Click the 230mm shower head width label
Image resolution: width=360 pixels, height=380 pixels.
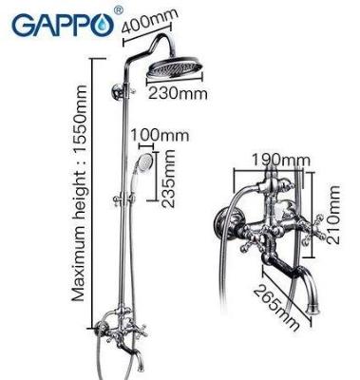pyautogui.click(x=178, y=94)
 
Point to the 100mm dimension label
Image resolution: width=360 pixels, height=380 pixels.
pyautogui.click(x=160, y=136)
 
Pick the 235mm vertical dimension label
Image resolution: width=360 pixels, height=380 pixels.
pyautogui.click(x=168, y=179)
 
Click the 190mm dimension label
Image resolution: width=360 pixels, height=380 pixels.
pyautogui.click(x=280, y=161)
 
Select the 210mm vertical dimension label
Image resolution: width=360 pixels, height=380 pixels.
pyautogui.click(x=333, y=215)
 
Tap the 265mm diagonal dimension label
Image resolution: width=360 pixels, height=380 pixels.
pyautogui.click(x=276, y=308)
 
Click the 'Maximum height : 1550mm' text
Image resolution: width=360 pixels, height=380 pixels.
pyautogui.click(x=79, y=193)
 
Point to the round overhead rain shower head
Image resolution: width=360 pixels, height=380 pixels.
pyautogui.click(x=175, y=70)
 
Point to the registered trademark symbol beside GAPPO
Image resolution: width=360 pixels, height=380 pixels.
pyautogui.click(x=118, y=11)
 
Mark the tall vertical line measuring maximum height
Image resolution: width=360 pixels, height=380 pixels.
pyautogui.click(x=93, y=189)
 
